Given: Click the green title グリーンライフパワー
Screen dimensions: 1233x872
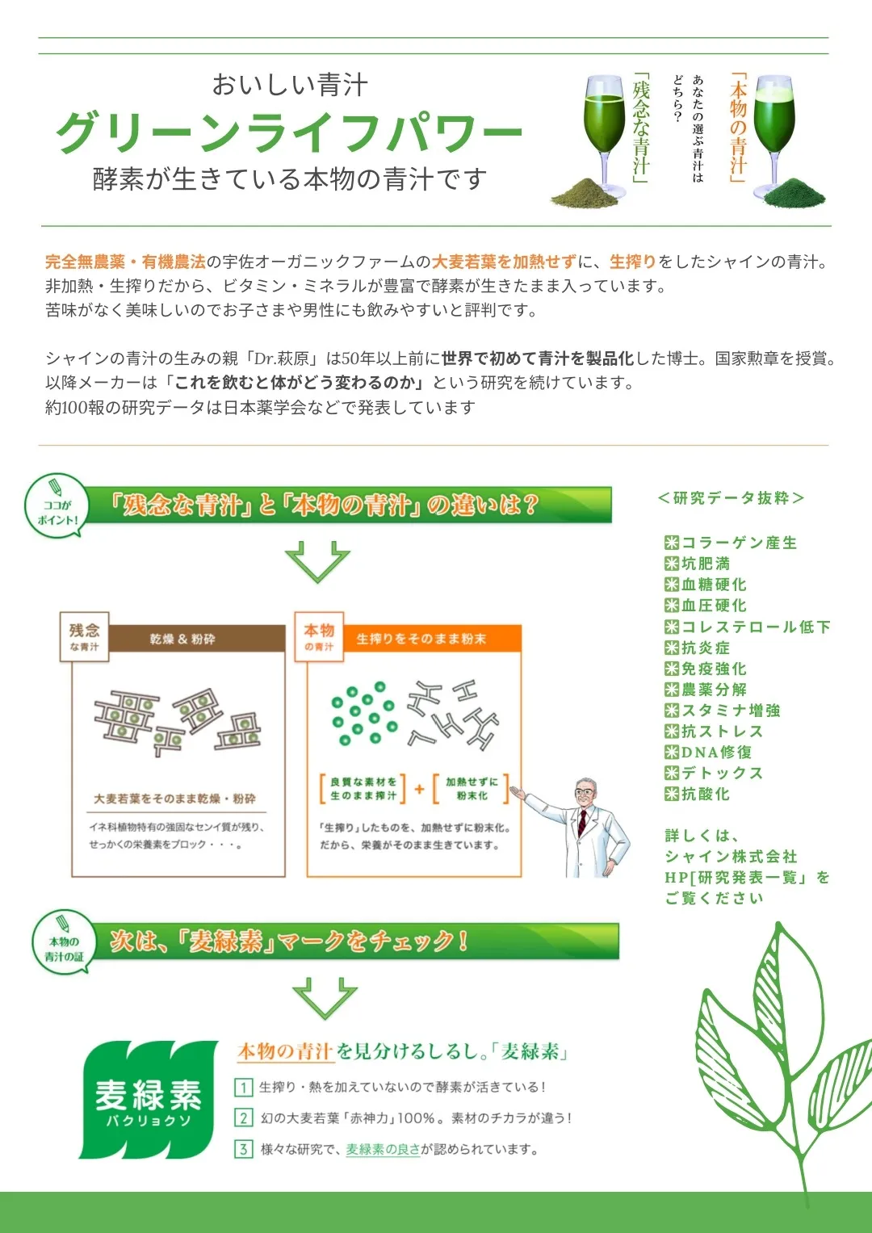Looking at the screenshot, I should pos(288,132).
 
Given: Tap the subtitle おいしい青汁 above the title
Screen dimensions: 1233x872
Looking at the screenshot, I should pos(290,85).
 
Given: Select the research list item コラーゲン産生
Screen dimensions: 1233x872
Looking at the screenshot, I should pos(731,543).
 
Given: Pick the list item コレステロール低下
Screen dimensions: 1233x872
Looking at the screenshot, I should pos(747,627).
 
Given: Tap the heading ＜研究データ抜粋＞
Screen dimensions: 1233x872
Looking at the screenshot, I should pos(731,498).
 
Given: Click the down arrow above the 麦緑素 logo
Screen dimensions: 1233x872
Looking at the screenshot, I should pos(325,997).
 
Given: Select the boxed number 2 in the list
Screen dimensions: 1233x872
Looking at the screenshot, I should pos(243,1118).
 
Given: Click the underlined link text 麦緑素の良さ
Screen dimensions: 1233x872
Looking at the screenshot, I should pos(383,1149).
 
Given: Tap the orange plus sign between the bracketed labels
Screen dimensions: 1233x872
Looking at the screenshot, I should pos(419,789).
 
